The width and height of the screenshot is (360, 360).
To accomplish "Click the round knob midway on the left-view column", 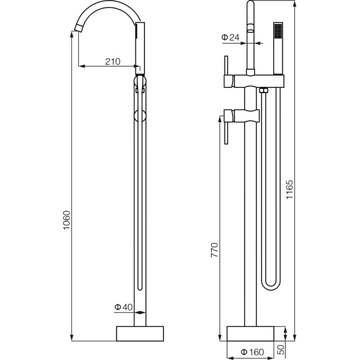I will (x=140, y=116).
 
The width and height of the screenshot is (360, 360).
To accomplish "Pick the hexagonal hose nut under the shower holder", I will (x=264, y=92).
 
